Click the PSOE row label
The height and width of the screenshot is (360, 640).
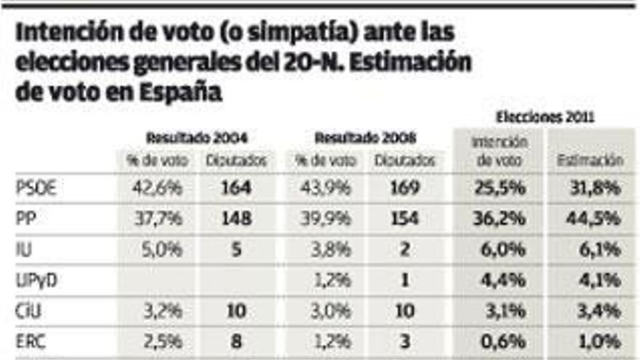point(36,188)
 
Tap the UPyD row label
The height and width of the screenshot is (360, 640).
point(36,280)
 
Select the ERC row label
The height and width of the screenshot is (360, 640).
point(32,341)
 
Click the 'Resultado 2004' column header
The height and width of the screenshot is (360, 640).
point(196,137)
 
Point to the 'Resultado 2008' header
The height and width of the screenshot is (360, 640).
point(365,137)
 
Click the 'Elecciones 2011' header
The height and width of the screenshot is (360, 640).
point(545,116)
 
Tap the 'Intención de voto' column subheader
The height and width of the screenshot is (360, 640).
point(500,151)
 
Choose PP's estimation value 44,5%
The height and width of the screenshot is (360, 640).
point(595,218)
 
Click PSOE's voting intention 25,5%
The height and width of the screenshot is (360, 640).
point(500,188)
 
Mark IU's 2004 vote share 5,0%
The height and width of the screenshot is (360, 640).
point(157,249)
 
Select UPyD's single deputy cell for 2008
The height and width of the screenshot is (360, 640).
point(405,280)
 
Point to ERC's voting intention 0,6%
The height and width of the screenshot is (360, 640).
point(500,341)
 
